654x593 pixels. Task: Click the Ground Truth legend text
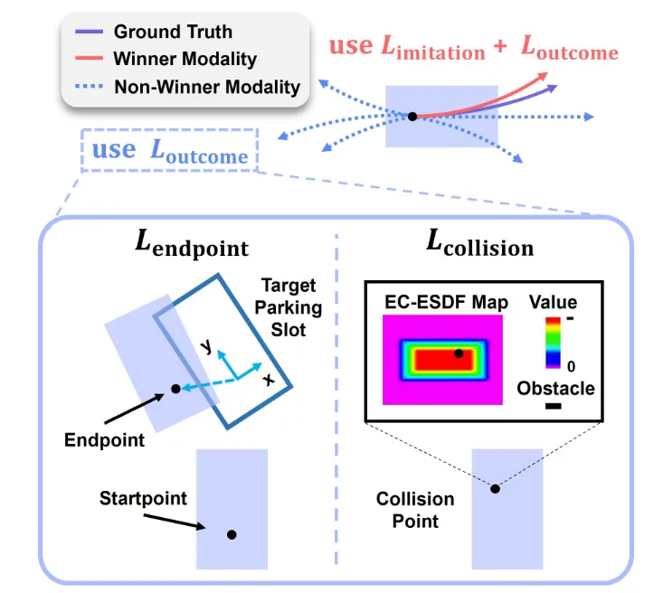(173, 32)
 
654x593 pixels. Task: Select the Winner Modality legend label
(185, 59)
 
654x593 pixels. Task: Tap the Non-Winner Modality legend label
(207, 87)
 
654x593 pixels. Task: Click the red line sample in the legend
(89, 58)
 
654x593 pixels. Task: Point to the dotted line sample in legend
(89, 87)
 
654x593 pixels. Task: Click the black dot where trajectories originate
(412, 117)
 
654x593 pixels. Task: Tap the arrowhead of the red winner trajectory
(542, 76)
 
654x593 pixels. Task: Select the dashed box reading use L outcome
(170, 150)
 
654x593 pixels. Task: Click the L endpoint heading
(192, 245)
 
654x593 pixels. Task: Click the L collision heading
(479, 244)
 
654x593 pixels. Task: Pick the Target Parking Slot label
(289, 307)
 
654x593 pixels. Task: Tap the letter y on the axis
(206, 345)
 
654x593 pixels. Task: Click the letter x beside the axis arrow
(269, 380)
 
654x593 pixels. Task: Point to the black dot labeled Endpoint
(175, 389)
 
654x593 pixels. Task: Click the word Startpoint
(143, 498)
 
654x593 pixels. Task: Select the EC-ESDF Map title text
(446, 302)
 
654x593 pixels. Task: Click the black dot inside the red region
(459, 353)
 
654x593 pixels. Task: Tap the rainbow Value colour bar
(553, 343)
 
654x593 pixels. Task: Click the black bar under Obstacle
(553, 406)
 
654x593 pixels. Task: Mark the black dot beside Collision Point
(495, 489)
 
